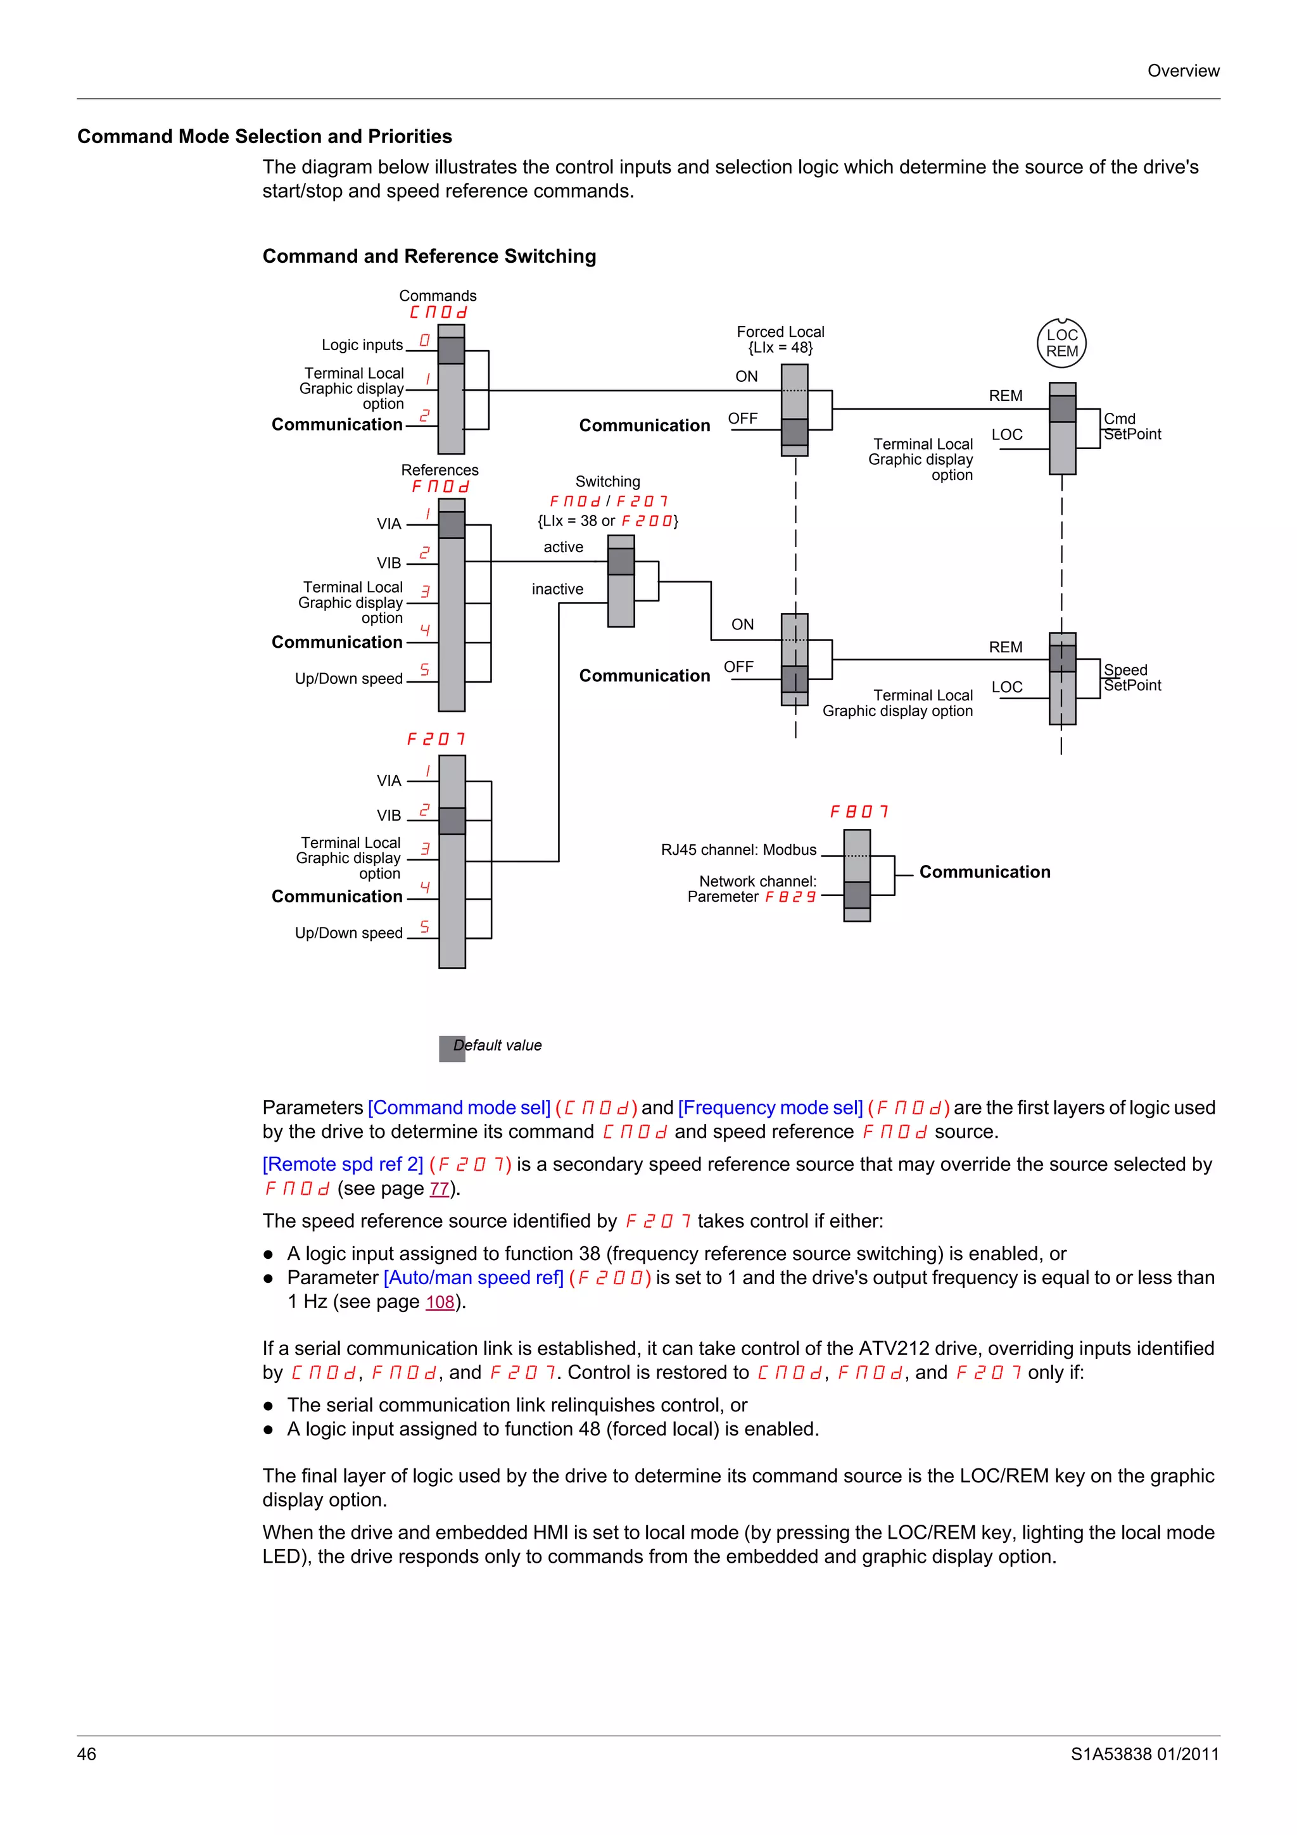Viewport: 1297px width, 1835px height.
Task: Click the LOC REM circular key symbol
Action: tap(1061, 343)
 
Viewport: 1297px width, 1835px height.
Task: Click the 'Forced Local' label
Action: tap(780, 332)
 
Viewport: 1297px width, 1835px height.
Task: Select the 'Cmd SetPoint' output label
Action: tap(1132, 427)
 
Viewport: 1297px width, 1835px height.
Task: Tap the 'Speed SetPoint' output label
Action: tap(1132, 678)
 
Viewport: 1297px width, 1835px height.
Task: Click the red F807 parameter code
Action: tap(859, 812)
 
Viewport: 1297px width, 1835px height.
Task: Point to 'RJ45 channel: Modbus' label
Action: tap(738, 850)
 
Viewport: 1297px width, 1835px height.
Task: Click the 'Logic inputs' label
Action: tap(362, 344)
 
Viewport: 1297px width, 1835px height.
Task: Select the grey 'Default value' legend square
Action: tap(452, 1049)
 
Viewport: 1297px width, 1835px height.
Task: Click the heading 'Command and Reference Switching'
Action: tap(429, 256)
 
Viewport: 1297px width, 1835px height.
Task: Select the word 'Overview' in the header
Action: tap(1183, 70)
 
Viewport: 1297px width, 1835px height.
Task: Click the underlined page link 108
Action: tap(440, 1302)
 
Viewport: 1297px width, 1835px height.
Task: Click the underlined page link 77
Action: tap(439, 1189)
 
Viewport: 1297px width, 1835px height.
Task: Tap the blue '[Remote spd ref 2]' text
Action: tap(343, 1164)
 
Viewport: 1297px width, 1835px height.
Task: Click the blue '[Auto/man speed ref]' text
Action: tap(474, 1278)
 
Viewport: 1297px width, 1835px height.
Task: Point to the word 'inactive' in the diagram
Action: tap(557, 589)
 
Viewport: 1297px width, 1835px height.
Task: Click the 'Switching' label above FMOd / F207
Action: tap(607, 481)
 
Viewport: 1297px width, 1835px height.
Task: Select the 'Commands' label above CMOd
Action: tap(437, 296)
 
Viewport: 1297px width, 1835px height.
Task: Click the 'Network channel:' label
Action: tap(757, 881)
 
